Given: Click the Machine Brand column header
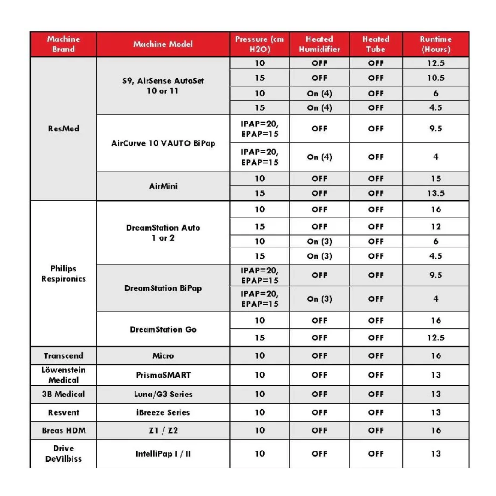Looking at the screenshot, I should (63, 44).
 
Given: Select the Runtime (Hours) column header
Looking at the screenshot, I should (435, 44).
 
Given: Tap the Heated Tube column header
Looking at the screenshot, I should (376, 44).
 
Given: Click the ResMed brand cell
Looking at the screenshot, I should (63, 129).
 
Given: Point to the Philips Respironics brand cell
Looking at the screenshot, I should (63, 274).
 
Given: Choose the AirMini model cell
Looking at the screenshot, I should (163, 186).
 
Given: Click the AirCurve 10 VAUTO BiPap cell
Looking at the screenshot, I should (163, 143).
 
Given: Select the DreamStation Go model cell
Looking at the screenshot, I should (163, 329).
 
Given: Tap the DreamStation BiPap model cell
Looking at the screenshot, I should (163, 288).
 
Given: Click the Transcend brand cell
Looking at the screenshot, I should (63, 355).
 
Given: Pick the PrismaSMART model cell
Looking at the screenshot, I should (163, 375).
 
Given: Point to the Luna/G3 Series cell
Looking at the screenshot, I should (163, 394).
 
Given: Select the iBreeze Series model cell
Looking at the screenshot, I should (163, 412).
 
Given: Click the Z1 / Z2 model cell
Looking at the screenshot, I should (163, 430).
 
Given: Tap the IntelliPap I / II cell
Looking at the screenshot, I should (163, 453).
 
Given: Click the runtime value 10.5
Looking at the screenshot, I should (435, 78).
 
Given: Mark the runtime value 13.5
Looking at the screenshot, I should (435, 193).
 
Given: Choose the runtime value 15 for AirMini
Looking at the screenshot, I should (435, 178).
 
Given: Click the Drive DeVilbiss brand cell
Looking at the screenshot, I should (63, 453).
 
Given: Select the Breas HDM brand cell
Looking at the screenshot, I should (63, 430).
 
